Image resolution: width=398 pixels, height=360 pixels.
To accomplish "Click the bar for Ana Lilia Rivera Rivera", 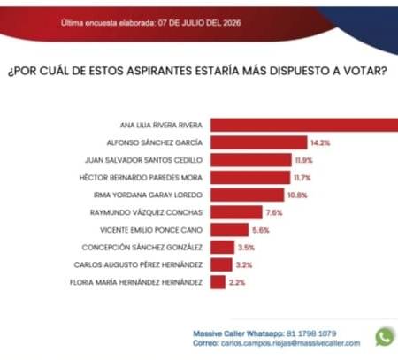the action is click(x=304, y=125).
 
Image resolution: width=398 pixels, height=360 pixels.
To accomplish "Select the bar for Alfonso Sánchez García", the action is click(x=259, y=142).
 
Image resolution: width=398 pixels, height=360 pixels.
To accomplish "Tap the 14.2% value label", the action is click(x=320, y=143).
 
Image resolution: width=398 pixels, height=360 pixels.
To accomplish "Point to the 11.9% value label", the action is click(x=303, y=160).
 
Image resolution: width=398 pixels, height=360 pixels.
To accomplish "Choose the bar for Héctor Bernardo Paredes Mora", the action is click(x=250, y=178).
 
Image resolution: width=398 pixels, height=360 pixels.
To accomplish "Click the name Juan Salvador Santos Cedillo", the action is click(x=143, y=160).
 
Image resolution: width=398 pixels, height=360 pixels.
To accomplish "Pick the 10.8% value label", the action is click(x=297, y=195).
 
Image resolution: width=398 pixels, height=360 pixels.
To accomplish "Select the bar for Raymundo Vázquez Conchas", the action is click(x=236, y=212).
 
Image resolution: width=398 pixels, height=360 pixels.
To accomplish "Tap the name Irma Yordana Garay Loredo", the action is click(x=148, y=195).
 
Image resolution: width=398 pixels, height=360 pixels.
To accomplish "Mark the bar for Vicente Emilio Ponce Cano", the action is click(x=230, y=230).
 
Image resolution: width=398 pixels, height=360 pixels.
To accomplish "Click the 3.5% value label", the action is click(x=246, y=248).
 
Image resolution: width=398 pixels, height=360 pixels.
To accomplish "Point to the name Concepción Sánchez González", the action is click(x=142, y=247).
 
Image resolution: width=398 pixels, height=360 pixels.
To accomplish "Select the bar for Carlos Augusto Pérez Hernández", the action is click(x=221, y=264).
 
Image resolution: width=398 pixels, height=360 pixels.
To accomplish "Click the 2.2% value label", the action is click(x=237, y=282).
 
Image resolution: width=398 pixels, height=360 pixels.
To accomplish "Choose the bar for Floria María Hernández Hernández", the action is click(x=218, y=282).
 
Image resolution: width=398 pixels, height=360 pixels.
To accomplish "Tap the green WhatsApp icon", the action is click(x=385, y=336).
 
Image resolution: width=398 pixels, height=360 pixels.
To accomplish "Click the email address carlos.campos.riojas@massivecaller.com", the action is click(x=290, y=343).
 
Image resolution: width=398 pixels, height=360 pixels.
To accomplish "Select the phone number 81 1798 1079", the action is click(x=311, y=333).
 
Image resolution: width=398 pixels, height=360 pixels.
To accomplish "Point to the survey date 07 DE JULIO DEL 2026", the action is click(x=199, y=23).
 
